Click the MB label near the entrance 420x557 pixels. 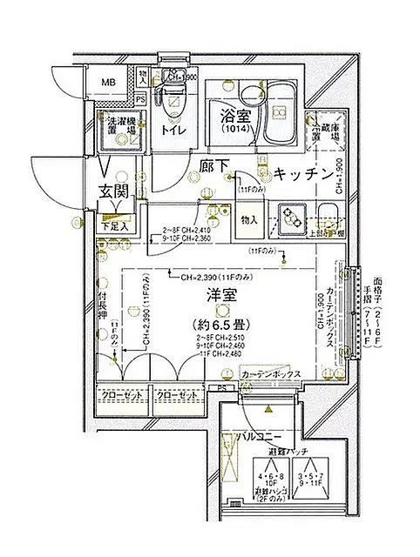(108, 84)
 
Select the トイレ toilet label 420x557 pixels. (172, 131)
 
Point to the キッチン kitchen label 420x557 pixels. (302, 174)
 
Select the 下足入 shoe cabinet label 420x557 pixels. (112, 226)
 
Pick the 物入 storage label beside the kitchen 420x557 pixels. (248, 219)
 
